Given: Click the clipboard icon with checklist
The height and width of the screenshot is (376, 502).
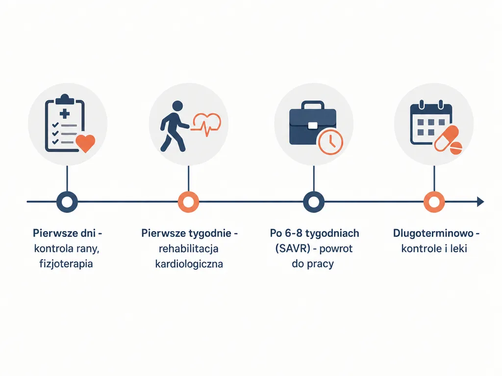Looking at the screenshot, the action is click(65, 123).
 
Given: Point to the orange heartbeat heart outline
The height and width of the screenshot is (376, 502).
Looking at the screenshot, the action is click(206, 124).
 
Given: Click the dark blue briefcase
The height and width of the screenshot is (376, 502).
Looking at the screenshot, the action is click(312, 123).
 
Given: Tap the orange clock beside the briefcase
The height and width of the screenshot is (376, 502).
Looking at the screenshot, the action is click(330, 141).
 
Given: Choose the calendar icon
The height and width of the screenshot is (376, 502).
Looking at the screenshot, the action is click(430, 122).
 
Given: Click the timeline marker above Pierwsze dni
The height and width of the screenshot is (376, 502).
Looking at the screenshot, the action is click(67, 202).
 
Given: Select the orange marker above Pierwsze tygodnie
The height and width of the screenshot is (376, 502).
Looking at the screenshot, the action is click(188, 202).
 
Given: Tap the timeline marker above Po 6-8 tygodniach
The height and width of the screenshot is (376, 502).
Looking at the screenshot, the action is click(314, 202).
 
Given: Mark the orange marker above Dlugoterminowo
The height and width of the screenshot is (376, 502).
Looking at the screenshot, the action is click(434, 202).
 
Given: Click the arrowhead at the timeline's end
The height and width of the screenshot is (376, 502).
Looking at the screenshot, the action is click(480, 202).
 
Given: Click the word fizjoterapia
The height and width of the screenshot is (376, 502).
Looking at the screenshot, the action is click(66, 264).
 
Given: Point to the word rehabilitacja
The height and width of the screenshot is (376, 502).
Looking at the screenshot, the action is click(189, 248).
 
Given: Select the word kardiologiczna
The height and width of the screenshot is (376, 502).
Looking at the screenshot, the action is click(189, 264).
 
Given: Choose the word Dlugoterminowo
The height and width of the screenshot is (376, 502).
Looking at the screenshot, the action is click(433, 233).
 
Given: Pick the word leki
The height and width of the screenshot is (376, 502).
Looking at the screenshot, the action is click(458, 248).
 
